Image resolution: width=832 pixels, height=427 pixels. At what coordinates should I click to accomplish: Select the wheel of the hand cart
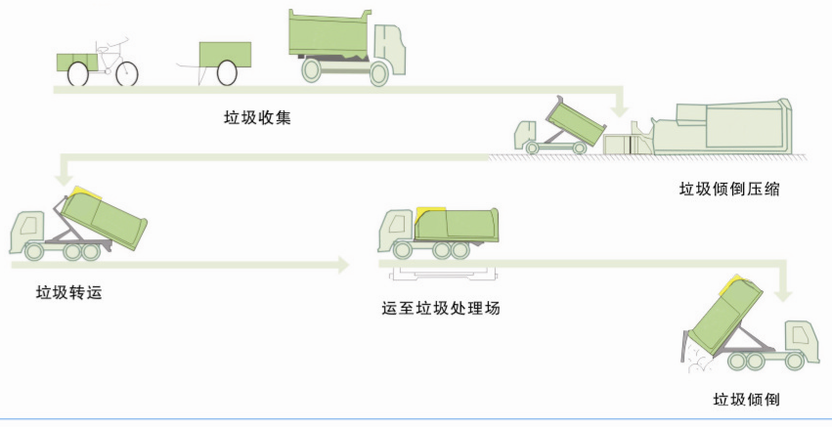[228, 72]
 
